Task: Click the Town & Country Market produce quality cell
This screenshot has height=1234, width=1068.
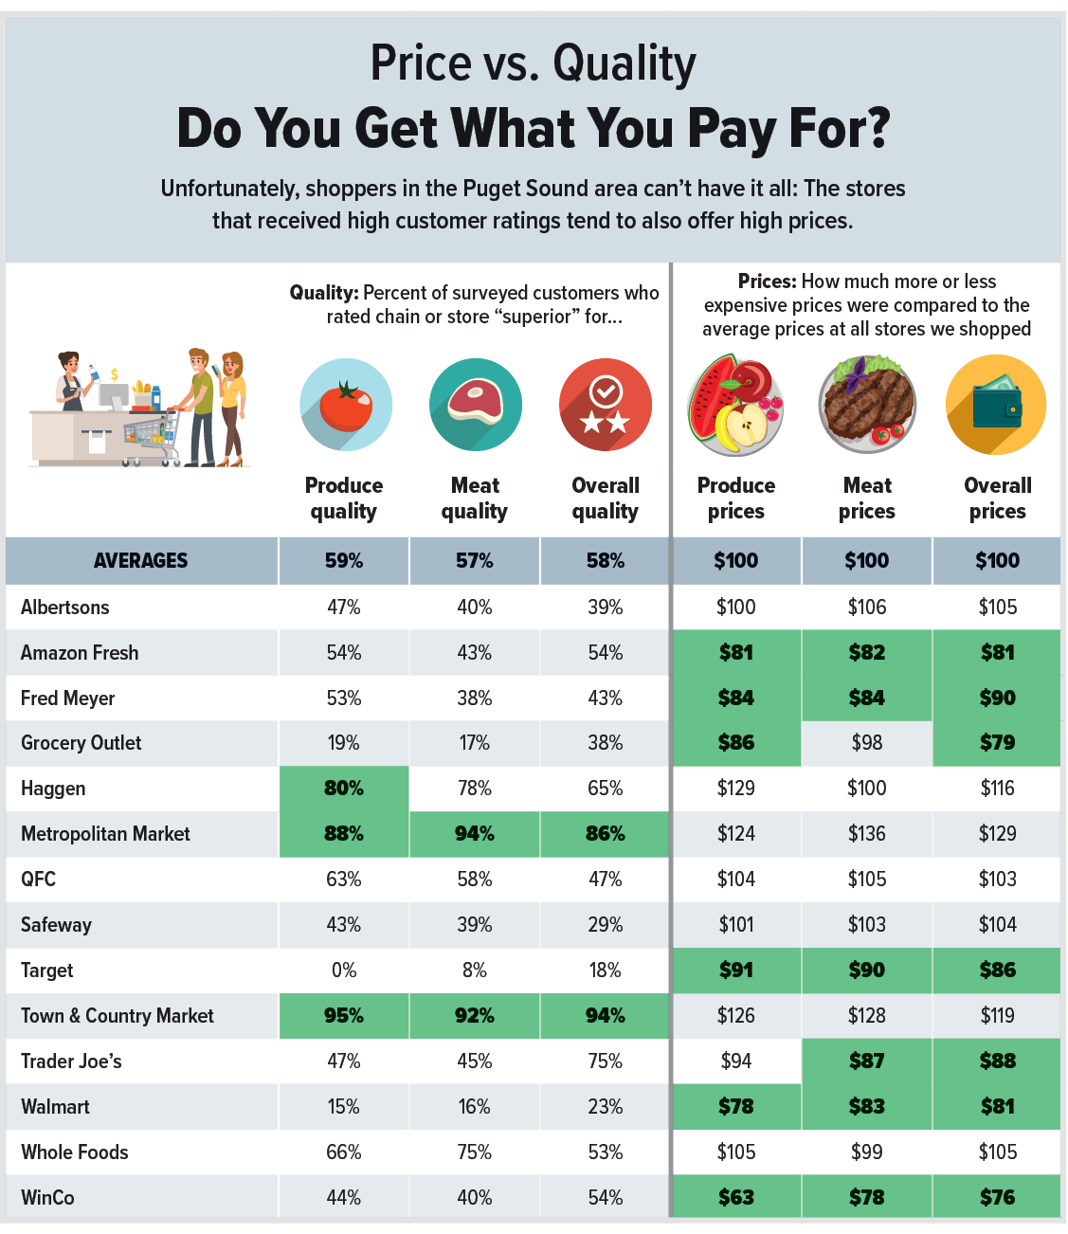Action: pyautogui.click(x=344, y=1015)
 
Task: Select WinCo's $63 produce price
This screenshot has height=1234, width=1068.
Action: pyautogui.click(x=736, y=1197)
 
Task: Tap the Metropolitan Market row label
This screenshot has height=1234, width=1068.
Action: pyautogui.click(x=105, y=834)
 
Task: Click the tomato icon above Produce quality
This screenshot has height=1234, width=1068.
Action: pyautogui.click(x=346, y=405)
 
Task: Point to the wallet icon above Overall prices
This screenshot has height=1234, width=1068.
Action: pyautogui.click(x=996, y=405)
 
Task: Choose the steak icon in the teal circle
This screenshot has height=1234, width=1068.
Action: pyautogui.click(x=475, y=405)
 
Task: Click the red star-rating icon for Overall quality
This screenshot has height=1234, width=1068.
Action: pyautogui.click(x=605, y=405)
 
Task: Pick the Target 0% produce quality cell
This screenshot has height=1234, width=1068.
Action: pyautogui.click(x=344, y=971)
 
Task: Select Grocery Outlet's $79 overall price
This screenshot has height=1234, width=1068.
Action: pyautogui.click(x=997, y=743)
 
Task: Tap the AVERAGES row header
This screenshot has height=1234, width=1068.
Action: pyautogui.click(x=141, y=561)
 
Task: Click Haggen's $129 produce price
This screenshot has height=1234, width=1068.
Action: pyautogui.click(x=736, y=789)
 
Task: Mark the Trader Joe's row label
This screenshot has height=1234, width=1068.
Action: pyautogui.click(x=71, y=1062)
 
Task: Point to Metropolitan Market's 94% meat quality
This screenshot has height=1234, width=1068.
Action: pyautogui.click(x=475, y=834)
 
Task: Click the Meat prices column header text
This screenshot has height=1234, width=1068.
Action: pyautogui.click(x=867, y=499)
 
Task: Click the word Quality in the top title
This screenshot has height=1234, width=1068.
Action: pyautogui.click(x=625, y=64)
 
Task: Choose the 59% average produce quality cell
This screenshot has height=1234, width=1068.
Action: pyautogui.click(x=344, y=561)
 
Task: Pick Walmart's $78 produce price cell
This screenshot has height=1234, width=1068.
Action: pyautogui.click(x=736, y=1106)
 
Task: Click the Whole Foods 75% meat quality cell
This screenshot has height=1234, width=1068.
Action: pyautogui.click(x=475, y=1152)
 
